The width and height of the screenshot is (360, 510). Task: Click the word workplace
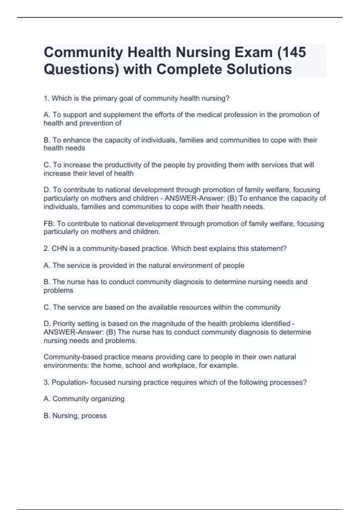179,366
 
